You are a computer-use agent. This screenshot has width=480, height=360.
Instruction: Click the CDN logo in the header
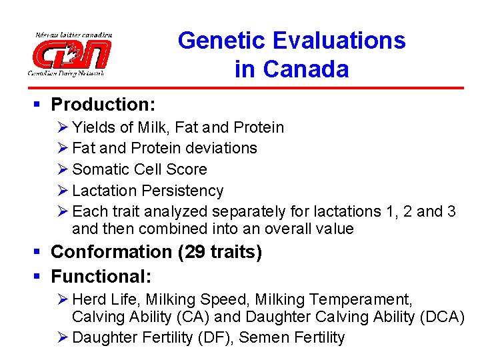70,53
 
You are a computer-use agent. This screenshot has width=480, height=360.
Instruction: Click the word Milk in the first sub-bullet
153,127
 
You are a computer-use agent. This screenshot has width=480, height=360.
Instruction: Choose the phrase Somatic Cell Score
139,169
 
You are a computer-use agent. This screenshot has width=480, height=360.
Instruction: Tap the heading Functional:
101,276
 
